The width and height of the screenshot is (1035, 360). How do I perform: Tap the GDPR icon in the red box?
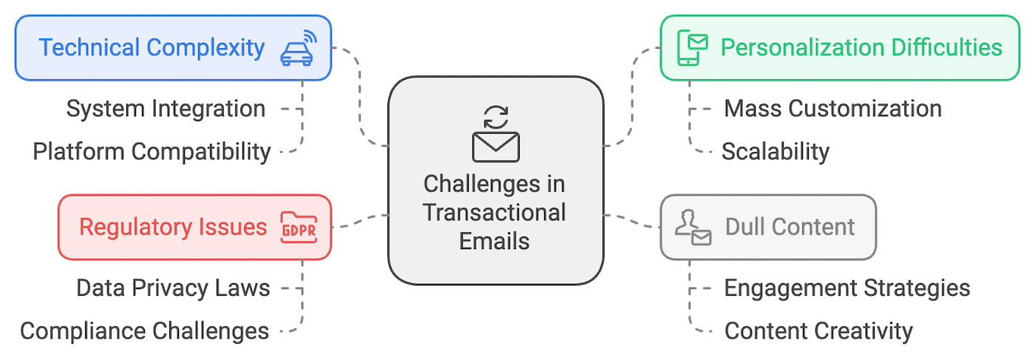(x=297, y=227)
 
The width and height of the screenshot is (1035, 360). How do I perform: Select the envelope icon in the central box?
(x=495, y=146)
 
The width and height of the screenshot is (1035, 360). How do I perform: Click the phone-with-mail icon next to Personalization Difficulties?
(x=693, y=48)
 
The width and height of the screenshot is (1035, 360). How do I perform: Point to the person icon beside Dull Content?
(x=693, y=227)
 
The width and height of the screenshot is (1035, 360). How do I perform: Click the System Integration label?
(x=166, y=109)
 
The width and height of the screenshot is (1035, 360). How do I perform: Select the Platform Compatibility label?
(x=152, y=152)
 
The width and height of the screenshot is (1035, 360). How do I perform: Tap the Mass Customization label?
(x=832, y=109)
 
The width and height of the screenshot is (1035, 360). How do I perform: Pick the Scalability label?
(x=776, y=152)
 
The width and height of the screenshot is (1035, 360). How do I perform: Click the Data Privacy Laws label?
(x=173, y=288)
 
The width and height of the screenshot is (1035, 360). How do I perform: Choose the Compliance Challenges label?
(x=145, y=330)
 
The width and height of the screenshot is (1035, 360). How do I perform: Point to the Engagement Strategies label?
(x=846, y=288)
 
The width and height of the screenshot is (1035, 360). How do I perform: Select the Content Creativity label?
(x=818, y=330)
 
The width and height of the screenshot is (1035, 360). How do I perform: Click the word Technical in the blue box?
(x=89, y=48)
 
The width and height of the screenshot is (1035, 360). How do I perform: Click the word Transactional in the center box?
(x=495, y=212)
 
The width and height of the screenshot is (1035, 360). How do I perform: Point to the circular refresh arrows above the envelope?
(x=495, y=117)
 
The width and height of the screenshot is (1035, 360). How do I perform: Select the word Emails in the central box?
(x=495, y=241)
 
